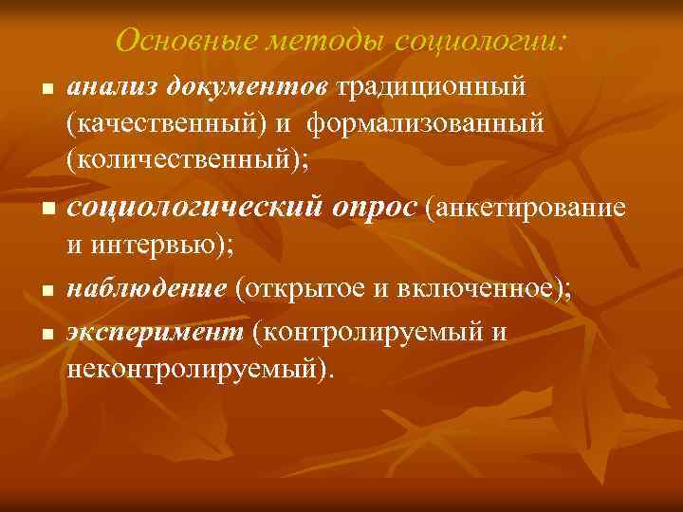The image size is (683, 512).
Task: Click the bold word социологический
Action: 191,206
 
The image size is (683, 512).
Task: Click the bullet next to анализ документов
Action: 45,91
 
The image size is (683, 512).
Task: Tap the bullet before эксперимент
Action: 45,334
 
